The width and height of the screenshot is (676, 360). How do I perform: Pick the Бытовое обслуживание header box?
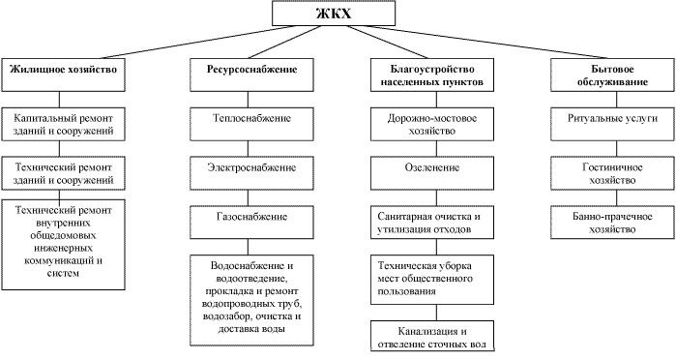tap(612, 76)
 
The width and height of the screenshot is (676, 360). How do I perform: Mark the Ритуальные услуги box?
tap(612, 121)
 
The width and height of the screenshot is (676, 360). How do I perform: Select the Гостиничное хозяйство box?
tap(612, 173)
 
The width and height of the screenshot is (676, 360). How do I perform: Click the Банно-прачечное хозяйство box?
tap(612, 219)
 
